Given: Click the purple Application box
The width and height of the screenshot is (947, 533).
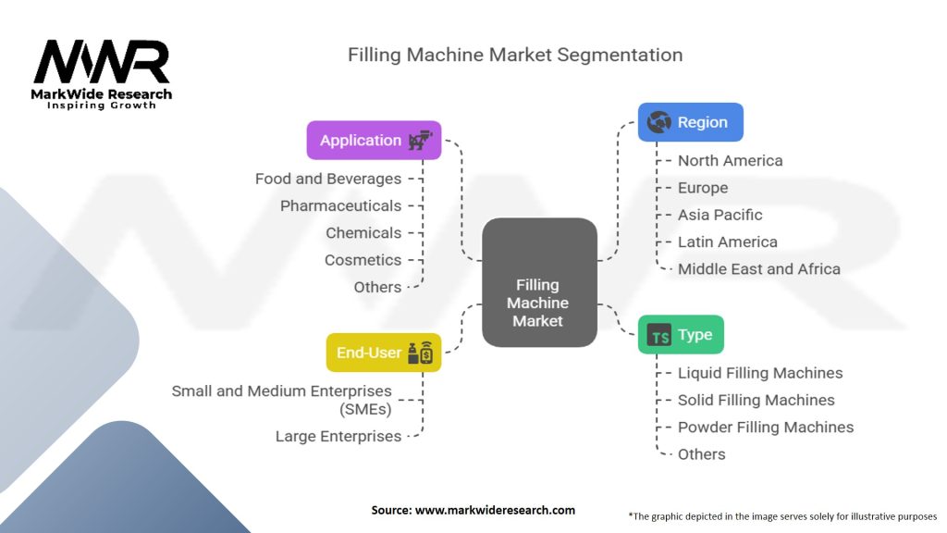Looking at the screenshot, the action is click(x=374, y=141).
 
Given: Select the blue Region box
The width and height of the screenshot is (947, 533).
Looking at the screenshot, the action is click(x=690, y=122).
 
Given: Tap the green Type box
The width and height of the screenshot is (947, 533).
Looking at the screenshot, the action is click(x=681, y=334).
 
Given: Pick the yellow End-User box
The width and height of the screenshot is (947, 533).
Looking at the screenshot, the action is click(x=384, y=353).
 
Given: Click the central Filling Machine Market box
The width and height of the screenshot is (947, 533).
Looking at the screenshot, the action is click(x=539, y=282).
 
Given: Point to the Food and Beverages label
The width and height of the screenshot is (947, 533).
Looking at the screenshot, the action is click(x=328, y=179).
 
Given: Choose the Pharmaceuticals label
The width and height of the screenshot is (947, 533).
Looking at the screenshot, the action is click(x=340, y=206).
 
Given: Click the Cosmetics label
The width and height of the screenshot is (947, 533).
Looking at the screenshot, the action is click(x=363, y=260).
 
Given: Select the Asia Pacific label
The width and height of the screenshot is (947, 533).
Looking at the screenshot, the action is click(x=719, y=215).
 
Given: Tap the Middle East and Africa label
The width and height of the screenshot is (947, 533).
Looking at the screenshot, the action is click(x=759, y=269).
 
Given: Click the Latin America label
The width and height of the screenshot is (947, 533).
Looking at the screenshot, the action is click(x=728, y=242).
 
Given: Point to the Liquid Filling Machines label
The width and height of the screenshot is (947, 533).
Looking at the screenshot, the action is click(x=760, y=373).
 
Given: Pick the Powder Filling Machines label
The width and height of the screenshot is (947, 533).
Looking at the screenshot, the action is click(x=766, y=428).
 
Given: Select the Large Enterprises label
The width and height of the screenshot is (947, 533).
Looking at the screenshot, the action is click(x=338, y=437).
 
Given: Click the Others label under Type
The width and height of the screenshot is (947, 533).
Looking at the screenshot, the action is click(x=701, y=454).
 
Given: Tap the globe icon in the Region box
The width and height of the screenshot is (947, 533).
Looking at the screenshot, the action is click(x=658, y=122).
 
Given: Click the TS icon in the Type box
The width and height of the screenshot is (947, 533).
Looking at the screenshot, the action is click(x=658, y=335).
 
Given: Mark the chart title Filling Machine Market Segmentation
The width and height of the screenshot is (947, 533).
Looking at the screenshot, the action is click(x=515, y=55).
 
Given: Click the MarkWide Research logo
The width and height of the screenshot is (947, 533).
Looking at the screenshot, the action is click(x=102, y=74).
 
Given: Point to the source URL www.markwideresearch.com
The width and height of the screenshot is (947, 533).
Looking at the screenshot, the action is click(x=496, y=510).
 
